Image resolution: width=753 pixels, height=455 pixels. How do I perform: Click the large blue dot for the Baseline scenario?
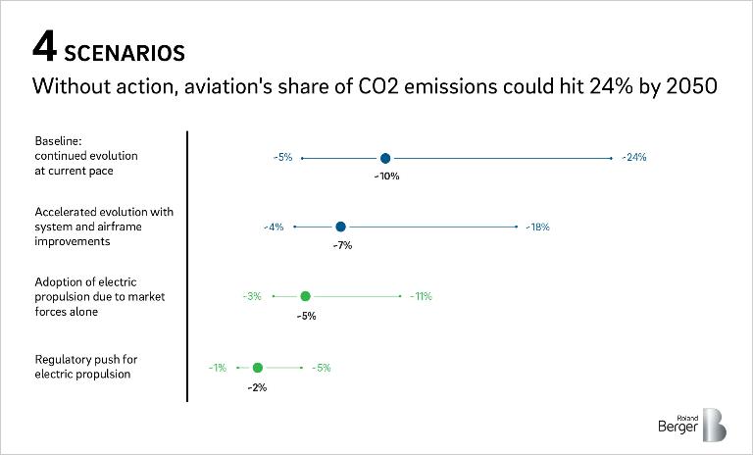pyautogui.click(x=385, y=158)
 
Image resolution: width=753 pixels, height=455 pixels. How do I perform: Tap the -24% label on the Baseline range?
pyautogui.click(x=634, y=158)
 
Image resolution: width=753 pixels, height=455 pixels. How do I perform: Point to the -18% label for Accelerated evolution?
pyautogui.click(x=537, y=227)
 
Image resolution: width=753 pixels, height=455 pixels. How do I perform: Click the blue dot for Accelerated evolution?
pyautogui.click(x=340, y=227)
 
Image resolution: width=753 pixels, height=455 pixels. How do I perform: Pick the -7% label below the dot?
pyautogui.click(x=341, y=245)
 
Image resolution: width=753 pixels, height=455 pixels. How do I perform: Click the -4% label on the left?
pyautogui.click(x=274, y=227)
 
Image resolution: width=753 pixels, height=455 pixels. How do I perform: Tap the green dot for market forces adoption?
pyautogui.click(x=305, y=296)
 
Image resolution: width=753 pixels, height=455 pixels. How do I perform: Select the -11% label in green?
pyautogui.click(x=421, y=296)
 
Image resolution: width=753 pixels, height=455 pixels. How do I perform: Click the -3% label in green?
pyautogui.click(x=252, y=296)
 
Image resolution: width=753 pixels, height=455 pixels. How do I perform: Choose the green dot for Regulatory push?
pyautogui.click(x=257, y=368)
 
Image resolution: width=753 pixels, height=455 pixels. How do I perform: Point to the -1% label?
pyautogui.click(x=217, y=368)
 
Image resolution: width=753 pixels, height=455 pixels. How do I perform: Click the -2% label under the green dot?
pyautogui.click(x=257, y=387)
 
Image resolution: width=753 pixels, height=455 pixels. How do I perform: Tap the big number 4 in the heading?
pyautogui.click(x=45, y=48)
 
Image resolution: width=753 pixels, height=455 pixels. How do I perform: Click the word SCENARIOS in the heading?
pyautogui.click(x=124, y=50)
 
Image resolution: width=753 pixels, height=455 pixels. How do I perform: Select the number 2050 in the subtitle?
pyautogui.click(x=691, y=86)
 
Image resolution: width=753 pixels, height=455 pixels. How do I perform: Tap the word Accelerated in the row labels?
pyautogui.click(x=69, y=212)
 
